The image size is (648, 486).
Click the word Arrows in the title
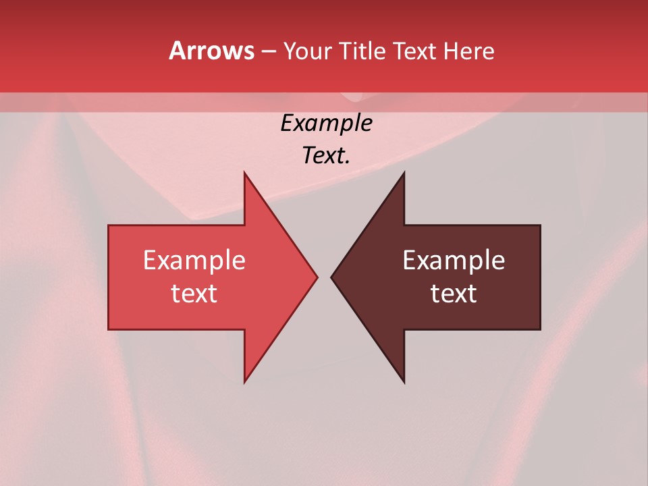point(211,51)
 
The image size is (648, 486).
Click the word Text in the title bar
point(414,51)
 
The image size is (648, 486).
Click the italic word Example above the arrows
point(326,124)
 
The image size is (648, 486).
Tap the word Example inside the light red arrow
point(194,261)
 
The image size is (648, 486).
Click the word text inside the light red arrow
point(194,294)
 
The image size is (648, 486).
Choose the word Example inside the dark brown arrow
point(454,261)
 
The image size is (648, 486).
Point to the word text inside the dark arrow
point(454,294)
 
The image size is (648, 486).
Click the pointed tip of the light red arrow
point(317,277)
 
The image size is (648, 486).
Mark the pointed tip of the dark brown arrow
point(332,277)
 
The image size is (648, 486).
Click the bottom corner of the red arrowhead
point(245,381)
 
